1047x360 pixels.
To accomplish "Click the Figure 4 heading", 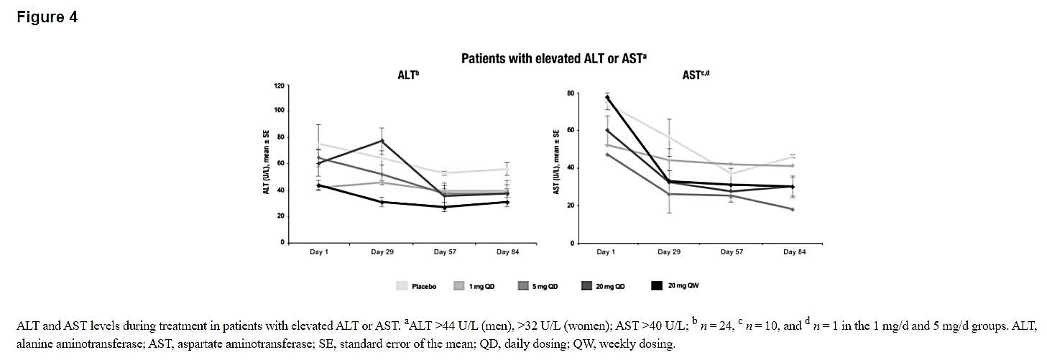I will tap(47, 17).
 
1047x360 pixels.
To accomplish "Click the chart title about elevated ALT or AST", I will tap(553, 58).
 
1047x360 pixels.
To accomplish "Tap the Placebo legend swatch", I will tap(402, 286).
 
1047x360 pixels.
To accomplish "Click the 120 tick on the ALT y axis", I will tap(279, 86).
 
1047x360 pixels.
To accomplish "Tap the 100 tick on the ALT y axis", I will tap(279, 111).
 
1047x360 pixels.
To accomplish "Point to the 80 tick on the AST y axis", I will tap(570, 93).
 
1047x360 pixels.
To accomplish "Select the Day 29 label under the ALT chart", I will tap(382, 252).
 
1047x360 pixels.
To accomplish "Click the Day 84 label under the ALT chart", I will tap(507, 252).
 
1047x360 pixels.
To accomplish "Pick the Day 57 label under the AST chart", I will tap(732, 252).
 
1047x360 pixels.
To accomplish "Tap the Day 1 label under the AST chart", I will tap(606, 252).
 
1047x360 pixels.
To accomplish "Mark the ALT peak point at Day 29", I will tap(382, 141).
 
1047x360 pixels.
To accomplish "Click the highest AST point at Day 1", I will tap(607, 97).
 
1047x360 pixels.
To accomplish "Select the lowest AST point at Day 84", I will tap(793, 209).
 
